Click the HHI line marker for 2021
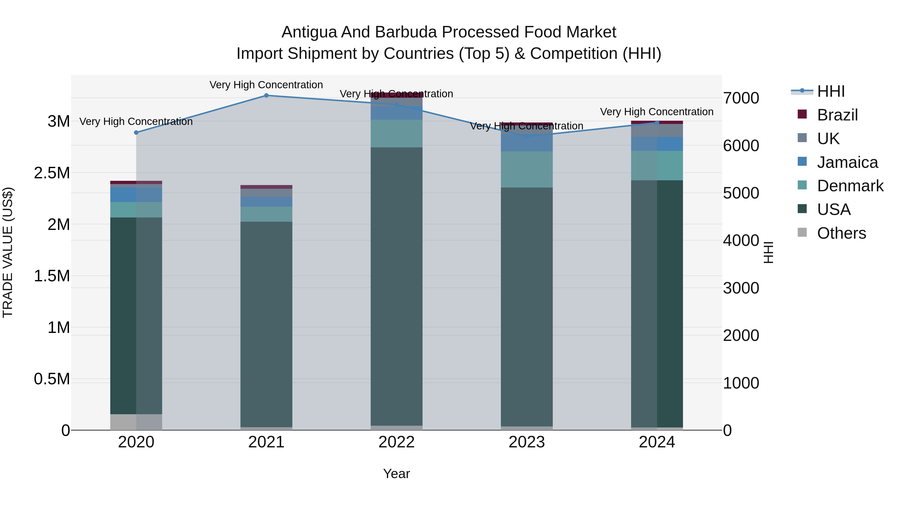click(266, 95)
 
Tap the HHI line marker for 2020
click(136, 132)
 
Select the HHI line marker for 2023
click(527, 137)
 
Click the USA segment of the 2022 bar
click(396, 286)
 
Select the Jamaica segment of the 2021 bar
click(266, 202)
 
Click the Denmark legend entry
click(850, 186)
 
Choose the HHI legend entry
click(830, 91)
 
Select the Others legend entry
click(841, 233)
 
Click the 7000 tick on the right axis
click(741, 98)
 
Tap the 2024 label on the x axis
click(657, 442)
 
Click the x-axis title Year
click(396, 474)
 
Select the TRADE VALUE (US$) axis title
click(8, 252)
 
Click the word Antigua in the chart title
click(309, 32)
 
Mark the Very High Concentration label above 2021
click(266, 85)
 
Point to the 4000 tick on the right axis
click(741, 240)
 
